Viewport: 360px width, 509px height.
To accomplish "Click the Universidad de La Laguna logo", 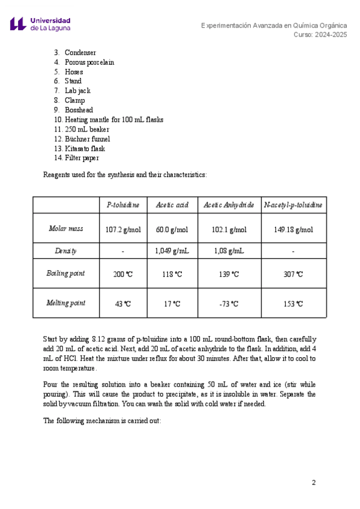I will [40, 24].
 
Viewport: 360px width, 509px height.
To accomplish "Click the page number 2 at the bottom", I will [313, 483].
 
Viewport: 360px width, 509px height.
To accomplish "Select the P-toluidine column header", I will [123, 205].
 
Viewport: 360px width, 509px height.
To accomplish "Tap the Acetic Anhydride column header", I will [229, 205].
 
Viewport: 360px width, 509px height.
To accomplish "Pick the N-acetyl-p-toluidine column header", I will [293, 205].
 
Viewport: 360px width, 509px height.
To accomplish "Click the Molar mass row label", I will [66, 229].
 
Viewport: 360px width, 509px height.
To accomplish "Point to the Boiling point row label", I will [66, 274].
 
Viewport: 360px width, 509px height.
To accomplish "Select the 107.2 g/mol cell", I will [123, 229].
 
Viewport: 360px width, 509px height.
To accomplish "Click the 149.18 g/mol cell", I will [293, 229].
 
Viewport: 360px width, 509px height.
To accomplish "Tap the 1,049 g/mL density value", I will [172, 251].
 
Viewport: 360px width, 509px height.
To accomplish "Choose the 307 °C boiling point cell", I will [293, 274].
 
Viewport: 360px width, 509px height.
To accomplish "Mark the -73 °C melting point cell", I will [229, 304].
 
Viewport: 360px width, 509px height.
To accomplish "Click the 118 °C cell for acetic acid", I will [172, 274].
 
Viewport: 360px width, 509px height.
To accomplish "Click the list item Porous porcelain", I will [89, 62].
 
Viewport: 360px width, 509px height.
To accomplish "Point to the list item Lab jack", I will [77, 91].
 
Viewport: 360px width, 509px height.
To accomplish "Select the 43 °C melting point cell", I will [123, 304].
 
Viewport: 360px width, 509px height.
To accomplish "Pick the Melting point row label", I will [66, 303].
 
